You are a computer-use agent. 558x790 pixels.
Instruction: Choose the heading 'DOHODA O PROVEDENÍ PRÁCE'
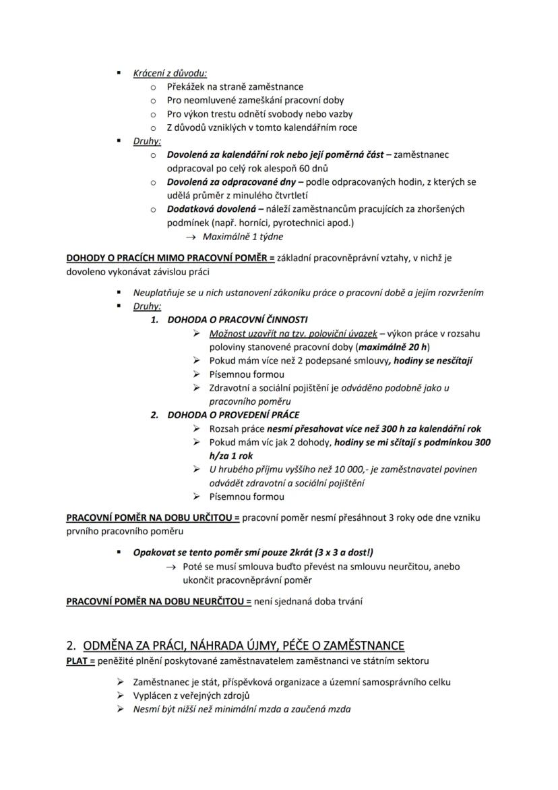[x=233, y=415]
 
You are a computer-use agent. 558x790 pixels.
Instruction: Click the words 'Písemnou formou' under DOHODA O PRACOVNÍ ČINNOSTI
[x=247, y=374]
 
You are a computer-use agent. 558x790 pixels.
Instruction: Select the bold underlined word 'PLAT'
[x=77, y=660]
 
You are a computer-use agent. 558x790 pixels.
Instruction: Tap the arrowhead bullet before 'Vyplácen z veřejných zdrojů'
[x=121, y=696]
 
